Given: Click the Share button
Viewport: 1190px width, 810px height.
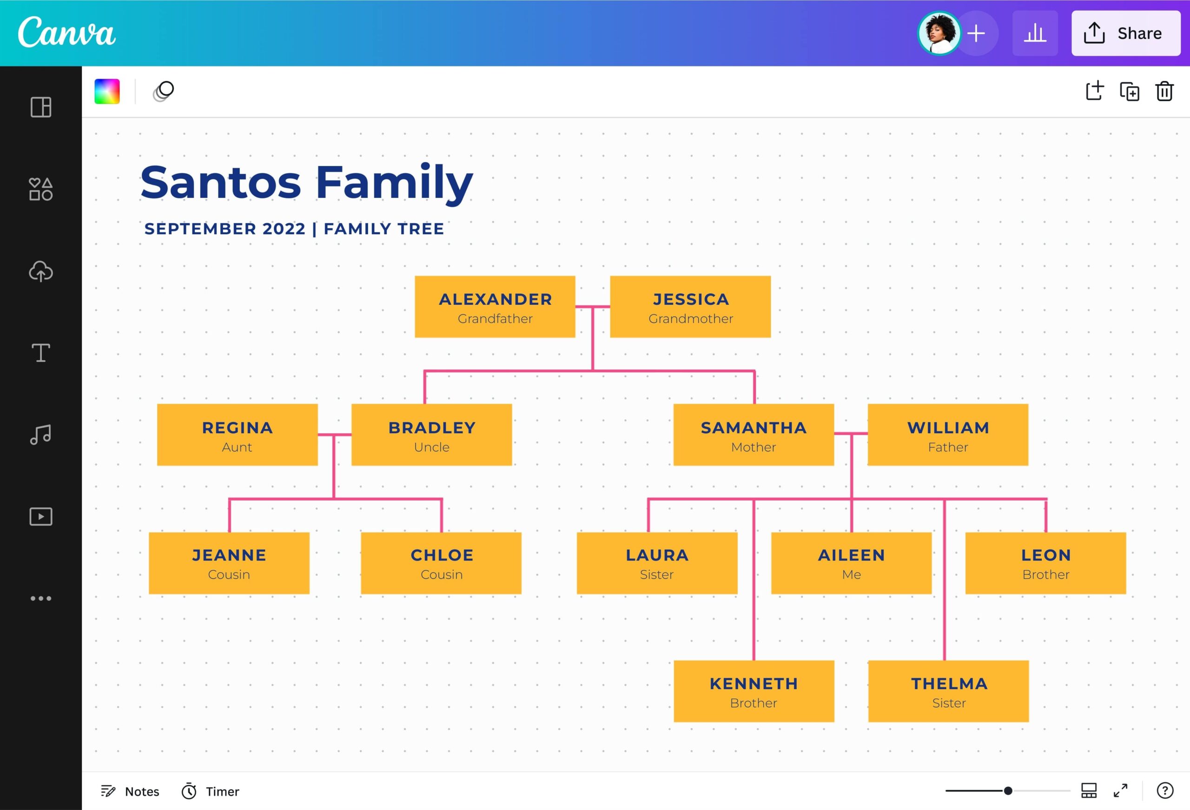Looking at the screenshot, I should click(x=1125, y=33).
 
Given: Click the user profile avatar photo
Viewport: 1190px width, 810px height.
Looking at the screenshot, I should click(x=939, y=33).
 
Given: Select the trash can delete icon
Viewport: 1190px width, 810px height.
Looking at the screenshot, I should click(x=1164, y=92).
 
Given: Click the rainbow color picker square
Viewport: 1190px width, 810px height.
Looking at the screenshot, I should click(x=107, y=92).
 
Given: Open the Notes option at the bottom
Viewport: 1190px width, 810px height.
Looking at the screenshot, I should click(x=130, y=791).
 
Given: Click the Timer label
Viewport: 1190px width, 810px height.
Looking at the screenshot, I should click(x=222, y=791).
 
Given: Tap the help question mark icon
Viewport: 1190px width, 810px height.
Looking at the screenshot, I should click(x=1164, y=790).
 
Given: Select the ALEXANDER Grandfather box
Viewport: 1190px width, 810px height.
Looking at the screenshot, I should click(x=495, y=307).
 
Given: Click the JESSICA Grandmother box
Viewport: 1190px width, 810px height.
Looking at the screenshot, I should click(x=690, y=307).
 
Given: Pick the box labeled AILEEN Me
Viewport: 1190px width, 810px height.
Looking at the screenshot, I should click(x=851, y=563).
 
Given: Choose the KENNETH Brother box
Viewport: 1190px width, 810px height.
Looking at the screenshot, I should click(x=753, y=691).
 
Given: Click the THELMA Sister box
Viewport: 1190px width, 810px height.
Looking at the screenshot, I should click(x=948, y=691).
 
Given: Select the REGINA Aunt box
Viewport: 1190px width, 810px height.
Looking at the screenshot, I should click(x=237, y=435).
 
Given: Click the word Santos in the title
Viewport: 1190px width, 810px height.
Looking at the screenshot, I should click(x=221, y=182).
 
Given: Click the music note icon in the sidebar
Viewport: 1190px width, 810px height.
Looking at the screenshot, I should click(x=40, y=435).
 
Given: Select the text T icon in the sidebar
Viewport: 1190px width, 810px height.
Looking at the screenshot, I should click(x=40, y=353).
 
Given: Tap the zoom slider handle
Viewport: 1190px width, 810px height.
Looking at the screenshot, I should click(x=1008, y=790).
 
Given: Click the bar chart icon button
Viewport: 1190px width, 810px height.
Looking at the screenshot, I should click(x=1035, y=33).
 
